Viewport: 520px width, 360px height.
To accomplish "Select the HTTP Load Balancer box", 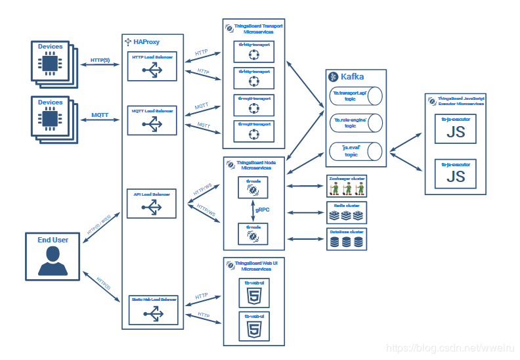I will (152, 66).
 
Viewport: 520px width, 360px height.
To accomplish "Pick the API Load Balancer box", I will (152, 203).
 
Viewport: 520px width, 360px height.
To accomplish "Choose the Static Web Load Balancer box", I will (152, 309).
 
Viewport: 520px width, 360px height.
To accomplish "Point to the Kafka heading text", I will (352, 77).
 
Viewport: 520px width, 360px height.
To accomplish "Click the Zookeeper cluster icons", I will (346, 189).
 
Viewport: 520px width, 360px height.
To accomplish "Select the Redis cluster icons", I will (346, 215).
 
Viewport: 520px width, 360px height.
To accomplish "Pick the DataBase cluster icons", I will (346, 242).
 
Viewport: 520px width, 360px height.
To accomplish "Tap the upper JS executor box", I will (456, 130).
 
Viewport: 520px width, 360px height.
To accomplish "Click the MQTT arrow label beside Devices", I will (100, 115).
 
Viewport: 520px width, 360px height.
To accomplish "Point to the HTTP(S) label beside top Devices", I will (100, 60).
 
